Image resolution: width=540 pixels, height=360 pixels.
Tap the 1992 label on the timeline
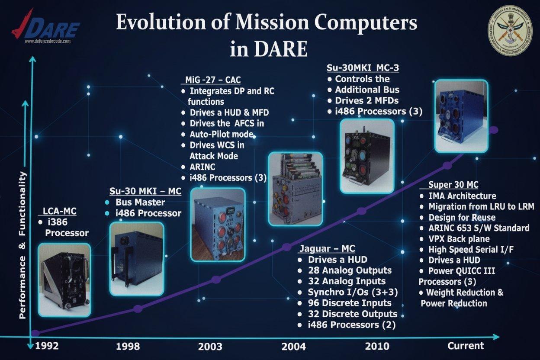[x=47, y=346]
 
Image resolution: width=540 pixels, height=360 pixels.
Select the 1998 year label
[x=128, y=346]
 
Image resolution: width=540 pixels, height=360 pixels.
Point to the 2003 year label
[x=210, y=346]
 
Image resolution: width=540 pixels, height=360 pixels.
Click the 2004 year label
[x=293, y=346]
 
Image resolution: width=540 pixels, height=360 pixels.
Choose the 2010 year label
[x=376, y=346]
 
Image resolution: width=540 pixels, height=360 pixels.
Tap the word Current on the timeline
[x=466, y=346]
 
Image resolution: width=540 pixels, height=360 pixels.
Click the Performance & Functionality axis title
[x=23, y=245]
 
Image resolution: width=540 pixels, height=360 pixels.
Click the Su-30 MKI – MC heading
[x=145, y=191]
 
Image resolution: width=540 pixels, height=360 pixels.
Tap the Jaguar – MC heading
[x=327, y=249]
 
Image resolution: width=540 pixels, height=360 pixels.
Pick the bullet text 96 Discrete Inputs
[x=350, y=303]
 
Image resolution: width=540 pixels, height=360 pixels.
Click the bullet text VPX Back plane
[x=459, y=239]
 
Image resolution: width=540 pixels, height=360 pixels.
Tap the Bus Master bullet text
[x=140, y=202]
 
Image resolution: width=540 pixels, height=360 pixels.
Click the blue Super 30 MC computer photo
[x=461, y=116]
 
